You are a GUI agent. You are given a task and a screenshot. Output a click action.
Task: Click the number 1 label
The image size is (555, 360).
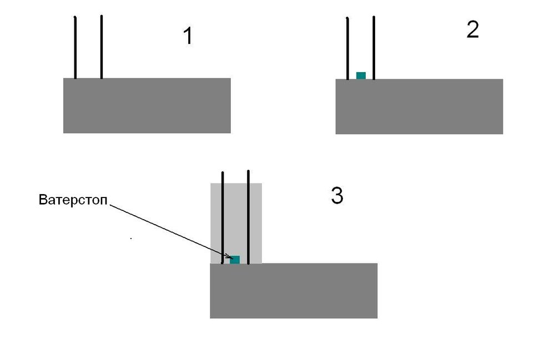188,37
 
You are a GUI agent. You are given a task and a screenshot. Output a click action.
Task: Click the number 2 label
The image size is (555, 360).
472,30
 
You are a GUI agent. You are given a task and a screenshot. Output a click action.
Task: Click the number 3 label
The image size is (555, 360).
337,196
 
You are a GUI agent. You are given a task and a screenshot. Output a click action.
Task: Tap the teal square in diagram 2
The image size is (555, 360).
361,75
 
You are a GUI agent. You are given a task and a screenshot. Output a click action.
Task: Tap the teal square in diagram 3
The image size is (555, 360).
235,260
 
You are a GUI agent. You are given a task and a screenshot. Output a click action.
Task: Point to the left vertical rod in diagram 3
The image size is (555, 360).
222,216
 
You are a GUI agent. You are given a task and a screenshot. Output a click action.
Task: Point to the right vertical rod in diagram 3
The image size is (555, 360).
248,216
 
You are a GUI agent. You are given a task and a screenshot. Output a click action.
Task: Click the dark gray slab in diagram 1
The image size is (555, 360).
147,105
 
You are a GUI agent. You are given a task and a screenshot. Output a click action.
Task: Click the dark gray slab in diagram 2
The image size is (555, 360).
419,107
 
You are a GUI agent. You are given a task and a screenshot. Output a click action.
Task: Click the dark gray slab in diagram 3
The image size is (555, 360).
294,291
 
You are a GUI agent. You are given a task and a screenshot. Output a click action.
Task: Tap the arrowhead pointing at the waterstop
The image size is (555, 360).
227,257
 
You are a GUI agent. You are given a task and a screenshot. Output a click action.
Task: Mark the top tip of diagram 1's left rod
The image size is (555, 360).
74,18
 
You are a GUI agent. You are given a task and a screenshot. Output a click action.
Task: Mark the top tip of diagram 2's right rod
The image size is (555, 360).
374,18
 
